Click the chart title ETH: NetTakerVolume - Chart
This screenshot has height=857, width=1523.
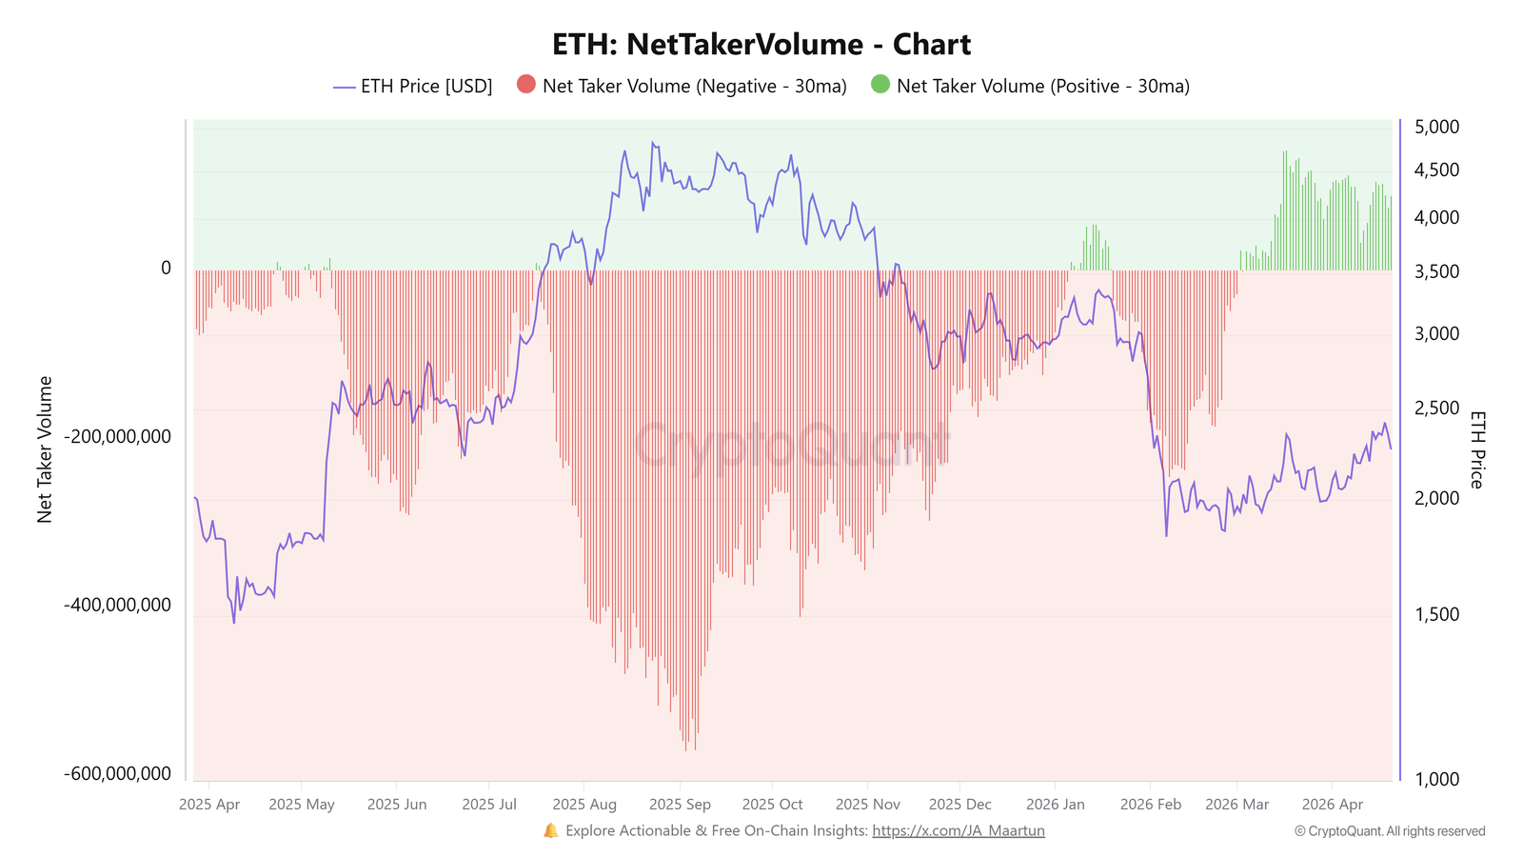[x=761, y=45]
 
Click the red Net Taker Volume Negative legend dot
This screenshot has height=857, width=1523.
[x=526, y=85]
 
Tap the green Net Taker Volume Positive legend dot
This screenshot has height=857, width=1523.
[x=880, y=85]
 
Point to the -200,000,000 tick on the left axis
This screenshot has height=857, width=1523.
[x=118, y=437]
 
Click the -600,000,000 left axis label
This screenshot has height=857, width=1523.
[x=118, y=774]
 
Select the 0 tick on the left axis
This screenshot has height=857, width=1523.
[x=166, y=269]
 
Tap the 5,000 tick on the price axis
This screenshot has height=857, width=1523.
[x=1436, y=127]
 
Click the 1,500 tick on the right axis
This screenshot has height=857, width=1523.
[x=1436, y=614]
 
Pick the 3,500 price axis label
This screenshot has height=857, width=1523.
[x=1436, y=272]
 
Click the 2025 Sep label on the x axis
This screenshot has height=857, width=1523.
[x=680, y=805]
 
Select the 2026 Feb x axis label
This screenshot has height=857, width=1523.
[x=1151, y=805]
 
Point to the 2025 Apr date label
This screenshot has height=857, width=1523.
[x=209, y=805]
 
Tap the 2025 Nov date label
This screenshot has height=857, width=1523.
[x=867, y=805]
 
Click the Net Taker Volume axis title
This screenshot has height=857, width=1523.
[x=45, y=449]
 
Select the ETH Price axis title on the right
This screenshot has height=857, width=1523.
[x=1476, y=449]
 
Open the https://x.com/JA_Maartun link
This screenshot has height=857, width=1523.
[x=958, y=831]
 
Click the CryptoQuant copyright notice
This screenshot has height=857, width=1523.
[x=1390, y=831]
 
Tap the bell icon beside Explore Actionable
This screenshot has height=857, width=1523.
[x=551, y=831]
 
